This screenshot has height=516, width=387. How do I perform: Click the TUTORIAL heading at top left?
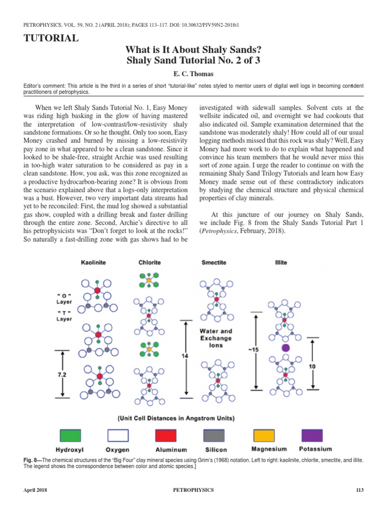pos(51,38)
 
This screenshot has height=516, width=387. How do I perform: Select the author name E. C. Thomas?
pos(193,73)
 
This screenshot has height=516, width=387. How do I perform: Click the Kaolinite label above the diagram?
pos(93,263)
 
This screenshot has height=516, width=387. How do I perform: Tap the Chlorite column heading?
pos(150,263)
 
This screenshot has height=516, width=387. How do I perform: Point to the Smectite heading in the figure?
pos(214,263)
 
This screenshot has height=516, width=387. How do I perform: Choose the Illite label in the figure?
pos(281,263)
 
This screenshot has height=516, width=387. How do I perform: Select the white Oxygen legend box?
pos(117,436)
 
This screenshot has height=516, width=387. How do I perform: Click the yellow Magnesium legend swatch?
pos(264,436)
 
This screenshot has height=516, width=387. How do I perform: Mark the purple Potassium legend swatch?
pos(312,436)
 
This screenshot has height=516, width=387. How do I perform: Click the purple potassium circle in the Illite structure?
pos(286,348)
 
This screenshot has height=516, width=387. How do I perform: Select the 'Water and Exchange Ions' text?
pos(216,338)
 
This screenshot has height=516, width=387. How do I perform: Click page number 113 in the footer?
pos(359,490)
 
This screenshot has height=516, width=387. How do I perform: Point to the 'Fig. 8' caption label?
pos(32,461)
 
